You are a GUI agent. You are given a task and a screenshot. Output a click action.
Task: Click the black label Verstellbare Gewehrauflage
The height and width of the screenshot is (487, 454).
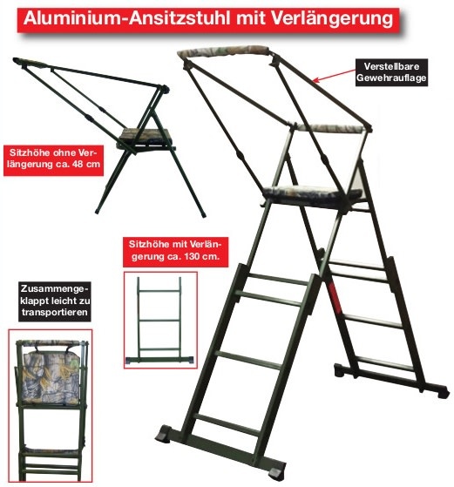pyautogui.click(x=391, y=72)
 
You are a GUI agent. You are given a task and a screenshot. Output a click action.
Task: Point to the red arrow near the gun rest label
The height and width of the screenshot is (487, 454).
pyautogui.click(x=334, y=76)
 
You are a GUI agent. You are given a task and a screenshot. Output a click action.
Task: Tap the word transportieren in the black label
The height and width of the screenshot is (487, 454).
pyautogui.click(x=55, y=313)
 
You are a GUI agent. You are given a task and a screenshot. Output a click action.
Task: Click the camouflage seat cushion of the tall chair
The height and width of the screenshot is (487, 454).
pyautogui.click(x=311, y=193)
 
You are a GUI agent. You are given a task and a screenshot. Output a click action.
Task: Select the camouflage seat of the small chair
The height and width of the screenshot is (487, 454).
pyautogui.click(x=144, y=136)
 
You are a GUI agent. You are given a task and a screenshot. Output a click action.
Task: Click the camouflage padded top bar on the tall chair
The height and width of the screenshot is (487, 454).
pyautogui.click(x=223, y=51)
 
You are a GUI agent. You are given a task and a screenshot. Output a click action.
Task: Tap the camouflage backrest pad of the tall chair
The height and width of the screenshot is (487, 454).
pyautogui.click(x=327, y=128)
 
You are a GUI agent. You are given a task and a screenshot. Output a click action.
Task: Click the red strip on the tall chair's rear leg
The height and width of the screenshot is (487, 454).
pyautogui.click(x=335, y=297)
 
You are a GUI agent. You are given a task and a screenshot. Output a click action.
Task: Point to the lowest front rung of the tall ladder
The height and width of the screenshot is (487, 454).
pyautogui.click(x=227, y=424)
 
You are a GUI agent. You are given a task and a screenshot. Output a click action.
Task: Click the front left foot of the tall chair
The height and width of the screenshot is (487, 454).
pyautogui.click(x=164, y=434)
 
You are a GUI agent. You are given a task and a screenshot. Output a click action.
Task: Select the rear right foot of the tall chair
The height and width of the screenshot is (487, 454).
pyautogui.click(x=441, y=392)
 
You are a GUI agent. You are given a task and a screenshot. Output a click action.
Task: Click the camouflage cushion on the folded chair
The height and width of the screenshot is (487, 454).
pyautogui.click(x=51, y=379)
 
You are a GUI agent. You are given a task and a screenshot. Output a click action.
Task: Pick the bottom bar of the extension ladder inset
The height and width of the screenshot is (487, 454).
pyautogui.click(x=160, y=361)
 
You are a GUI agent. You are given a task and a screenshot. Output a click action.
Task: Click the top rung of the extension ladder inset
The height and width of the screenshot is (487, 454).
pyautogui.click(x=159, y=291)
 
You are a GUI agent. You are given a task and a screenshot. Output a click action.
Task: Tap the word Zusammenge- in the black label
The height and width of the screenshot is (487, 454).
pyautogui.click(x=54, y=288)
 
